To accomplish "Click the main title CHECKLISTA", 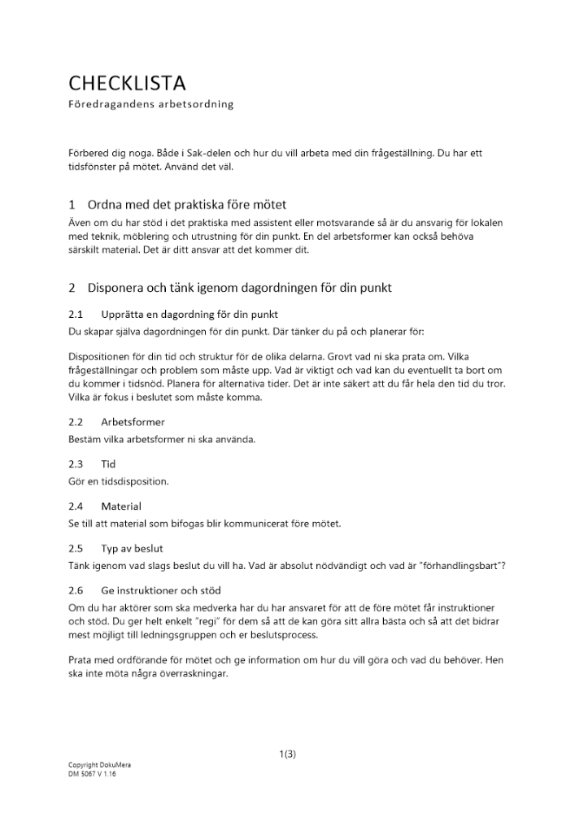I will [127, 83].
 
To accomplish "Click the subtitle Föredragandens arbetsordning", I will [150, 105].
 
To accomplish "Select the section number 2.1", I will [76, 314].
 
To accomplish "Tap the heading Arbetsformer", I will [133, 422].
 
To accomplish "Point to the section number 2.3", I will [76, 464].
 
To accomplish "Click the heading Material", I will [121, 506].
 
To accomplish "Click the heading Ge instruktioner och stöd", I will [161, 590].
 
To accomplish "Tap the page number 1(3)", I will [287, 754].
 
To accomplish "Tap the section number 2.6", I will [76, 590].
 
